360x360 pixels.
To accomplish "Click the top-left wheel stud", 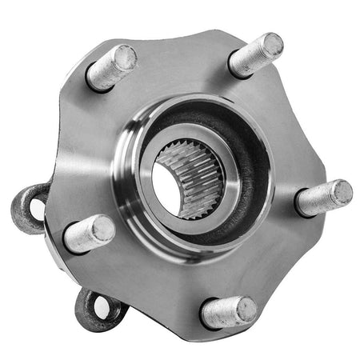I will click(x=110, y=68).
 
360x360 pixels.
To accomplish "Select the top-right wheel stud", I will click(x=254, y=55).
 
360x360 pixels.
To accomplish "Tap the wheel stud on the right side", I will click(x=322, y=198).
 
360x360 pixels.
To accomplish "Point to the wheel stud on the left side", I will click(x=89, y=234).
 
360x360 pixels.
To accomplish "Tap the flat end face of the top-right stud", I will click(x=270, y=45).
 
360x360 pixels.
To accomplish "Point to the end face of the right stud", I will click(x=342, y=192).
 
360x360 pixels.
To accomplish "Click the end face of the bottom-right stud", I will click(x=245, y=309).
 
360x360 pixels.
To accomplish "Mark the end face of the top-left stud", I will click(x=125, y=58).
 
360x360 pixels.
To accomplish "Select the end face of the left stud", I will click(x=103, y=230).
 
